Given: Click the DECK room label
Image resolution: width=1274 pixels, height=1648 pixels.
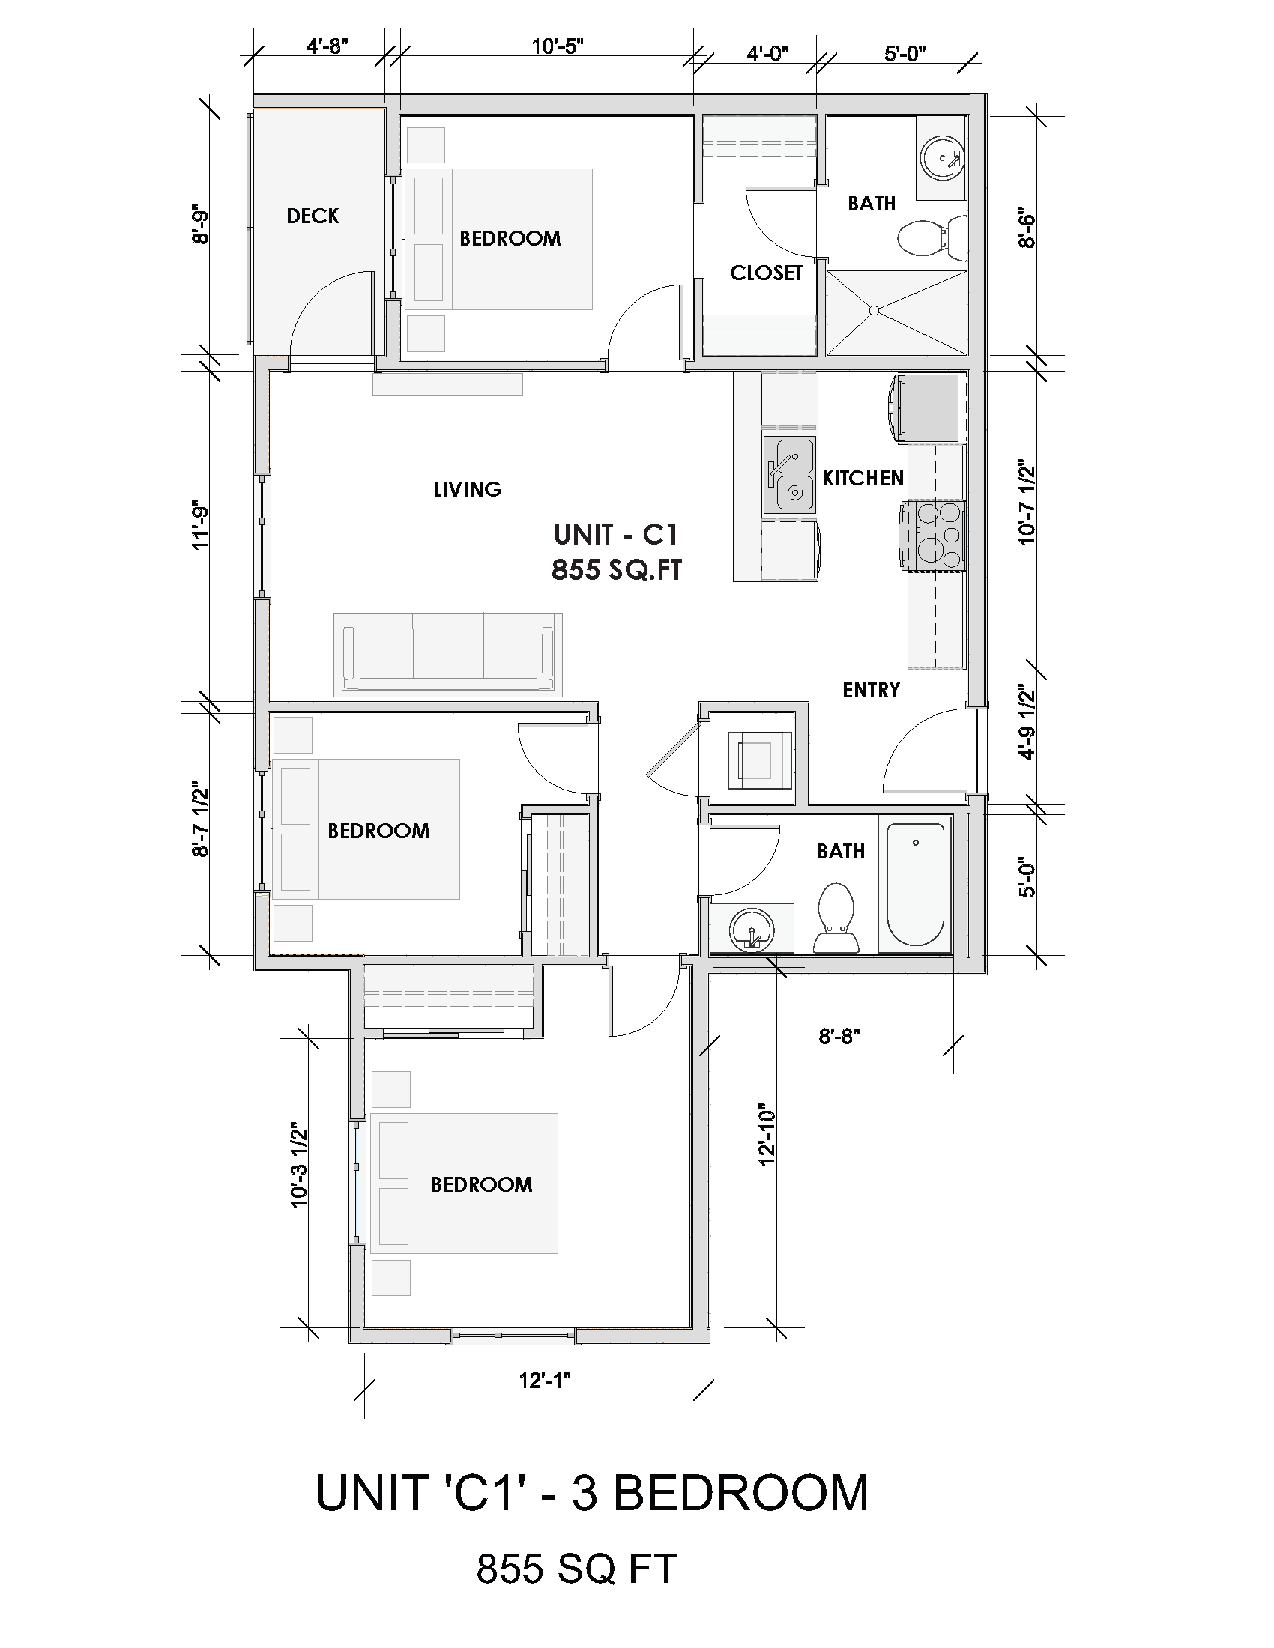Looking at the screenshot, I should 313,216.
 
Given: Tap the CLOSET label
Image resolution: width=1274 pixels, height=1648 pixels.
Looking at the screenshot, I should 766,273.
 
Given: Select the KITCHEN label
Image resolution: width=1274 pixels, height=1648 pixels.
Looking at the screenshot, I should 863,478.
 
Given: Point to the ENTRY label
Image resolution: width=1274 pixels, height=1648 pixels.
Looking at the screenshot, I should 871,690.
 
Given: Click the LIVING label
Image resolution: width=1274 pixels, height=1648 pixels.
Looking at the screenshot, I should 467,489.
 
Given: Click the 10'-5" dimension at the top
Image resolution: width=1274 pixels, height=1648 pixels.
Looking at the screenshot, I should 557,47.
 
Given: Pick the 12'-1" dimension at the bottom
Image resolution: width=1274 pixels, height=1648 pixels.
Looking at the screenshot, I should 544,1380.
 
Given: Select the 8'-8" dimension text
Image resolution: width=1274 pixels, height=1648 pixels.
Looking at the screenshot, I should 839,1036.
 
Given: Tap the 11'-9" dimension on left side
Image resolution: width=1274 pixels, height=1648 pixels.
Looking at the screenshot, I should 200,524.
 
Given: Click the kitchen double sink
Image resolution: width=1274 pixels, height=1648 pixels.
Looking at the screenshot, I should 789,476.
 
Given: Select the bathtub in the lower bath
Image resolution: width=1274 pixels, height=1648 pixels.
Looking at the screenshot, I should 916,885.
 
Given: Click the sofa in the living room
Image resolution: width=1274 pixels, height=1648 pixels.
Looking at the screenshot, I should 448,653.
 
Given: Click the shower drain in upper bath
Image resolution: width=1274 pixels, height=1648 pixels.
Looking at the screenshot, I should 874,310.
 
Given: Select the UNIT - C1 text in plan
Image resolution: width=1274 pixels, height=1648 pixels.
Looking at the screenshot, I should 615,534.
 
